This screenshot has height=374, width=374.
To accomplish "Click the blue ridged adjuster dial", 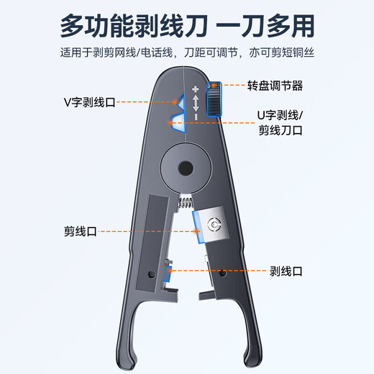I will point(214,99).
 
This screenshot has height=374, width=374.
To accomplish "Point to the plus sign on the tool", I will point(194,91).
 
